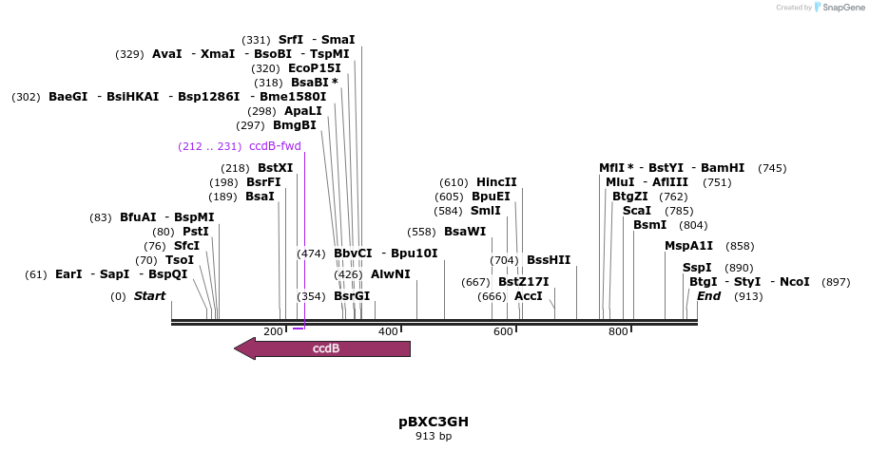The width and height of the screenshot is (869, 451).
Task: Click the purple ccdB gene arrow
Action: [x=323, y=348]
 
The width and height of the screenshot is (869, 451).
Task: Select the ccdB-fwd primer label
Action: [x=275, y=146]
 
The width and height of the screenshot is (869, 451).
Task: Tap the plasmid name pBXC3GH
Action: [x=433, y=421]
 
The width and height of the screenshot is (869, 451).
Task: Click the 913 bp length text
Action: [x=433, y=437]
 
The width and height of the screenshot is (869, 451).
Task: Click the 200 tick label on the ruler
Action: [x=273, y=331]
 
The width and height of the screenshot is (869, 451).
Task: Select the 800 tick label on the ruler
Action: [x=618, y=331]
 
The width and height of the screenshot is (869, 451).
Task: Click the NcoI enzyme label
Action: [x=794, y=281]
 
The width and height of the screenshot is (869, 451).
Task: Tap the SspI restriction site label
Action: [x=697, y=268]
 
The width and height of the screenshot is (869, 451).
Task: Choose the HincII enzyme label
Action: [x=496, y=182]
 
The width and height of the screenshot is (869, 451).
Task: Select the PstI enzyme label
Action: [x=195, y=231]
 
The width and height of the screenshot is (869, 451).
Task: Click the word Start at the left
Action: [x=149, y=295]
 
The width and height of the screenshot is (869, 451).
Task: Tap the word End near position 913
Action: [x=708, y=295]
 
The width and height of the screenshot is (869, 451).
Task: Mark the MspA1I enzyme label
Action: [x=688, y=245]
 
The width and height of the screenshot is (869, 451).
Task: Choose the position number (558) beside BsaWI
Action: [x=420, y=232]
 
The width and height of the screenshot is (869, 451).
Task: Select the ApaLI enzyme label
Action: [x=303, y=111]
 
